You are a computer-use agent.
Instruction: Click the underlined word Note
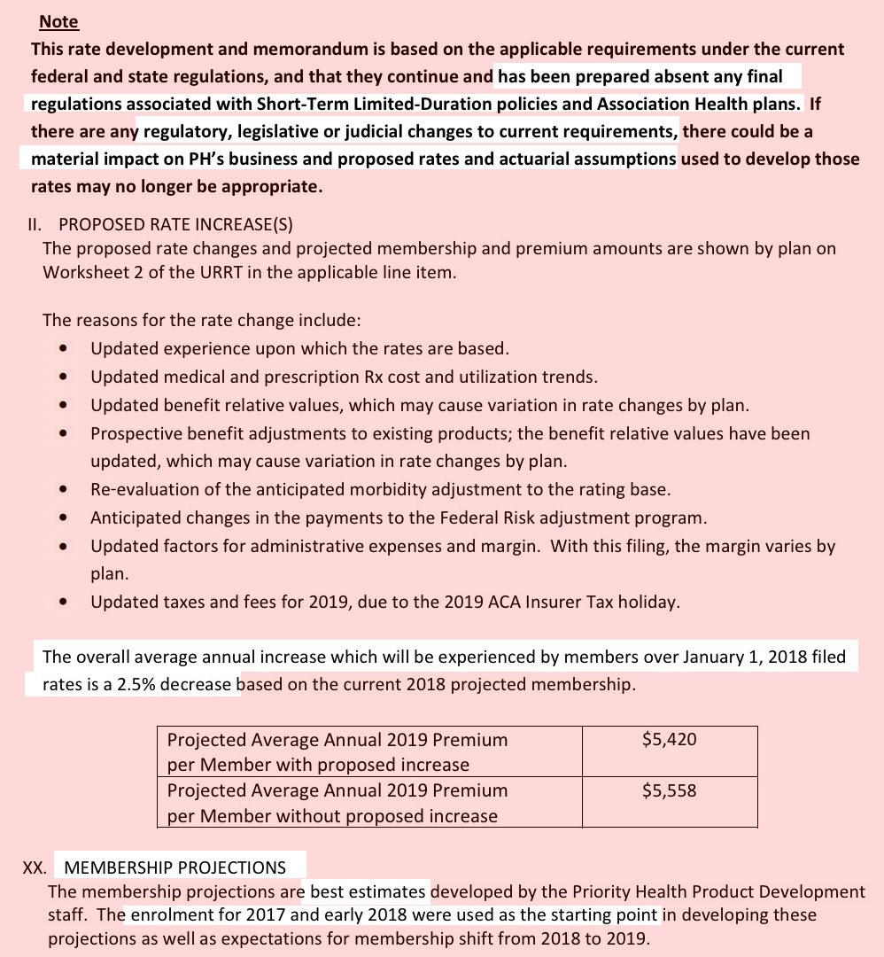[x=58, y=21]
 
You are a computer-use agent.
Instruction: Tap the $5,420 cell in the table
[x=669, y=739]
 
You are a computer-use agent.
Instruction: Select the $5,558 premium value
[x=669, y=790]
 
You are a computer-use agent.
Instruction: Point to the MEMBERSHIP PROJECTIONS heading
[x=175, y=868]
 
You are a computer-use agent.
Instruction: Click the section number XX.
[x=35, y=868]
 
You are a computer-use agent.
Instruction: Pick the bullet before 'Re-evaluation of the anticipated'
[x=63, y=489]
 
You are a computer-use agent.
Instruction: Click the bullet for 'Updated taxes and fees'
[x=63, y=603]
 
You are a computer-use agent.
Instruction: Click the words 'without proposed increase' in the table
[x=395, y=816]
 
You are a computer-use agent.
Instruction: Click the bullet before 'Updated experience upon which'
[x=63, y=348]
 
